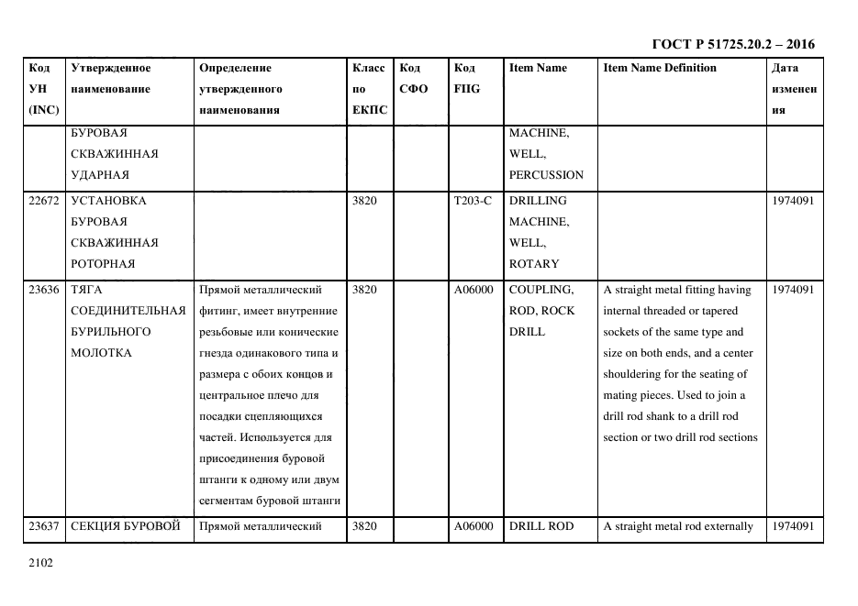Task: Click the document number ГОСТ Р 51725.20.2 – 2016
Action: click(x=732, y=44)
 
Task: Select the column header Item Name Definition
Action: click(x=660, y=68)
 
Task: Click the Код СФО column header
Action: click(x=414, y=79)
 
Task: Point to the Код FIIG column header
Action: click(x=466, y=79)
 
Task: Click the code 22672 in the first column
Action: click(x=44, y=200)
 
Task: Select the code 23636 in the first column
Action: click(x=44, y=290)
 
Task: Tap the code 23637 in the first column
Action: click(x=44, y=526)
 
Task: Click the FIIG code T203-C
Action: click(x=474, y=200)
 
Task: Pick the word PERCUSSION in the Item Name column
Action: click(x=546, y=174)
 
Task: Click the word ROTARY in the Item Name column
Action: click(x=534, y=264)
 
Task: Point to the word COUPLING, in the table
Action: click(x=541, y=290)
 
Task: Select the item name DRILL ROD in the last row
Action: click(x=541, y=526)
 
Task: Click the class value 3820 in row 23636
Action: click(x=365, y=290)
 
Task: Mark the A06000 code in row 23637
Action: click(x=474, y=526)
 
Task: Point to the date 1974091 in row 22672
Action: click(x=792, y=200)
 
